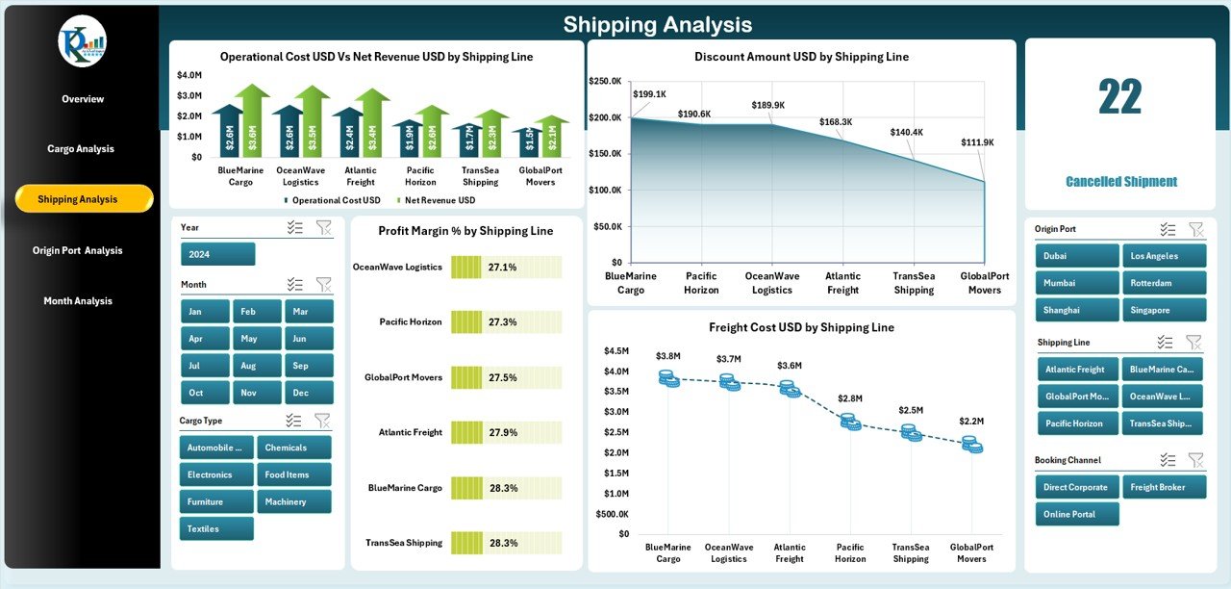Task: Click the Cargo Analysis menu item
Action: [81, 148]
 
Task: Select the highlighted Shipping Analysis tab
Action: [84, 199]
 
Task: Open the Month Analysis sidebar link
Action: [78, 301]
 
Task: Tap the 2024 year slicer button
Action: [217, 254]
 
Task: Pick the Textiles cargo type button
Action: [216, 528]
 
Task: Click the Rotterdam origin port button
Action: [1164, 283]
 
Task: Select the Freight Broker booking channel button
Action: [1164, 487]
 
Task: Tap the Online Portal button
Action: [1077, 514]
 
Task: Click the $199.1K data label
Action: [650, 93]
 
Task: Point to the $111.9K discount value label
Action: [977, 142]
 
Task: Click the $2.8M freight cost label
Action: [849, 397]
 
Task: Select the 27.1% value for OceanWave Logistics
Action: [502, 268]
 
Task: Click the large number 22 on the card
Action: [1120, 97]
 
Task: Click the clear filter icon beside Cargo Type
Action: [322, 421]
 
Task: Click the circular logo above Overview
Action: [82, 41]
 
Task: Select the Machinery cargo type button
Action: [293, 501]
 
